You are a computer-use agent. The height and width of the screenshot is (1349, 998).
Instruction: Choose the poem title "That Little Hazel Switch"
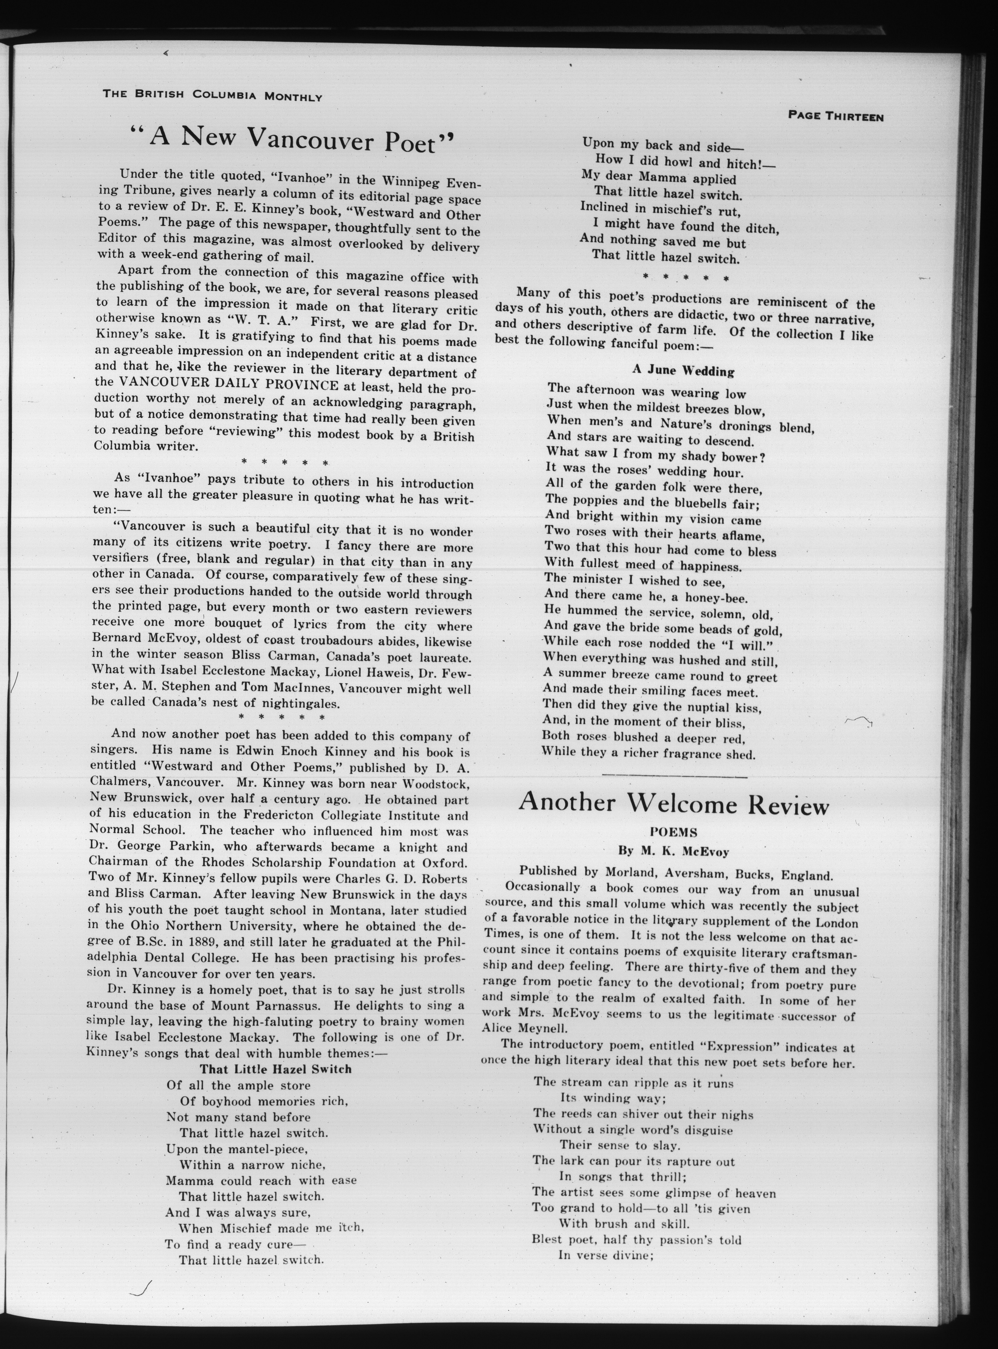coord(275,1069)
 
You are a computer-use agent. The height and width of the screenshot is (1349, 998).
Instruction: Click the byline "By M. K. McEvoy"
coord(673,852)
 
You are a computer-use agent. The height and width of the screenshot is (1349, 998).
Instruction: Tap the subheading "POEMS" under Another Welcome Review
coord(673,832)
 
